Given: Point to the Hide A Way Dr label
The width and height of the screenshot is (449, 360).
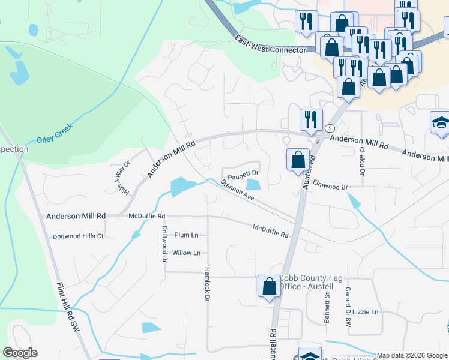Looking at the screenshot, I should point(123,177).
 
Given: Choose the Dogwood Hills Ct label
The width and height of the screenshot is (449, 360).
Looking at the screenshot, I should point(78,236).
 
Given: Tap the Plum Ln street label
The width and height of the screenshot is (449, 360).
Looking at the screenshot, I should point(186,235).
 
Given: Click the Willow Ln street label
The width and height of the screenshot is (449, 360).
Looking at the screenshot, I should point(186,253).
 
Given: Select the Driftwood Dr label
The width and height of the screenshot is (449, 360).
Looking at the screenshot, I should point(164,244).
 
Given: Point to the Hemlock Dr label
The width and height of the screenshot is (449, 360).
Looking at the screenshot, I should point(208,283).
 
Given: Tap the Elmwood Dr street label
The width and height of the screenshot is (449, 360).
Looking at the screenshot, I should point(330,187).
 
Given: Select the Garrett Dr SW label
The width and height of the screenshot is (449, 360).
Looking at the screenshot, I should point(348,306).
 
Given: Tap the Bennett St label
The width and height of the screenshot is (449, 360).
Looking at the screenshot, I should point(328,308).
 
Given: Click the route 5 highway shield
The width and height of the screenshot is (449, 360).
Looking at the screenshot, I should point(330,128).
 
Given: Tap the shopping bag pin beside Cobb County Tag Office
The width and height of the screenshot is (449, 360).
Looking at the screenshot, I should point(269,286).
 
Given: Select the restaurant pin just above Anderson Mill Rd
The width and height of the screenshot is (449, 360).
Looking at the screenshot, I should point(310,119).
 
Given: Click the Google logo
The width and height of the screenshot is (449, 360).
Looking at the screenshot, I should point(20,353).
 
